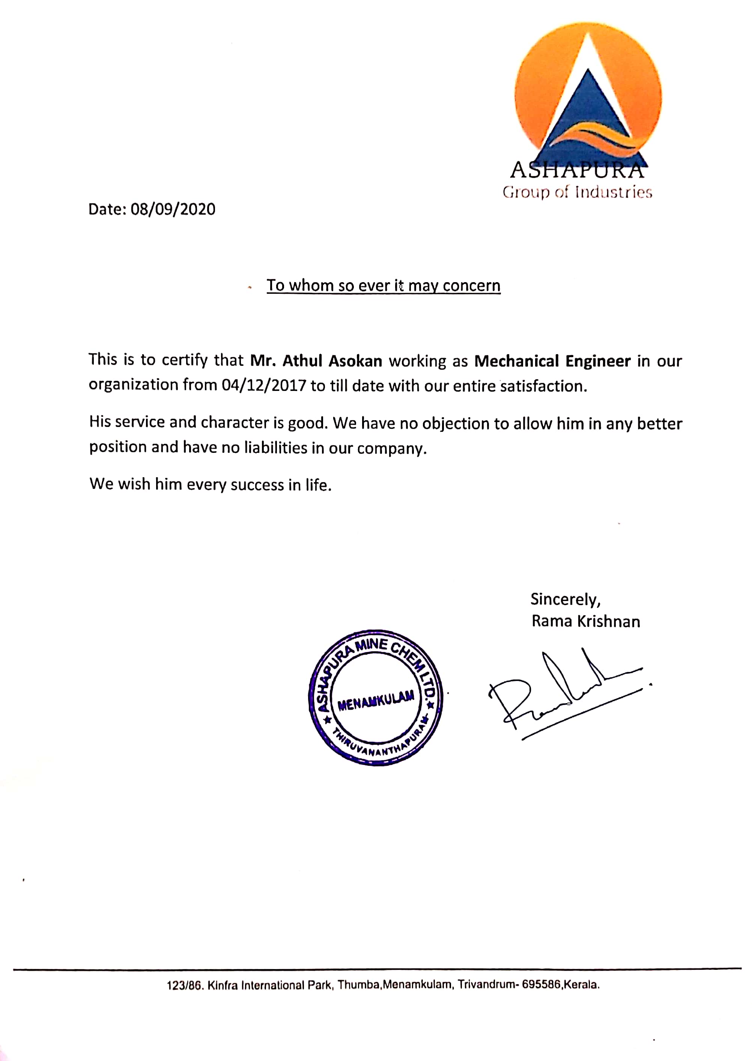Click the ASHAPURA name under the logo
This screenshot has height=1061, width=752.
[x=577, y=170]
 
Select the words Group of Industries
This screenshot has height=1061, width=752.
[x=578, y=192]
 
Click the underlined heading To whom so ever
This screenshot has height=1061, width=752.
[x=383, y=285]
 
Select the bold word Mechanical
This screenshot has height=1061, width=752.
[x=516, y=361]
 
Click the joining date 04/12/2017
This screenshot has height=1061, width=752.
[x=263, y=386]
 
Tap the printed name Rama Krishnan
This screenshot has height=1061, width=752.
[x=586, y=621]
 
